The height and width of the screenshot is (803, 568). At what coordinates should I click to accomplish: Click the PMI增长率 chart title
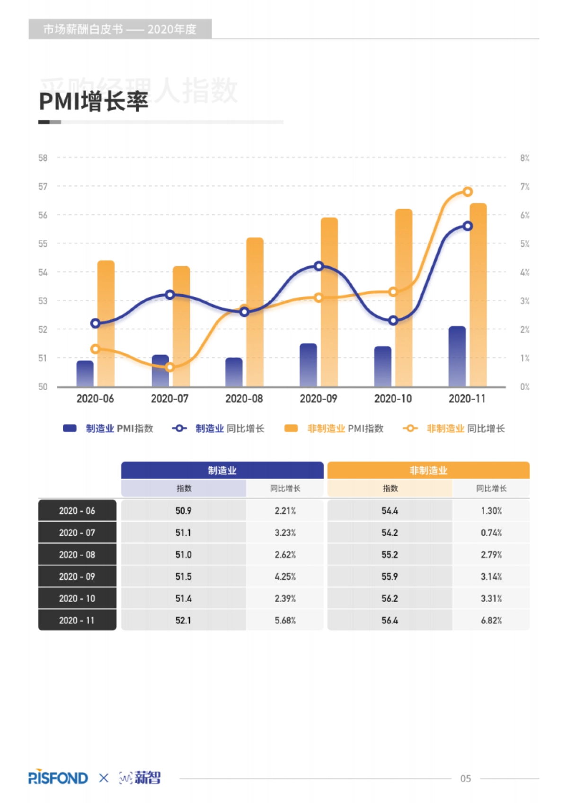click(x=94, y=101)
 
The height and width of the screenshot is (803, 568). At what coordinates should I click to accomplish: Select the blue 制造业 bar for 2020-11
click(x=457, y=357)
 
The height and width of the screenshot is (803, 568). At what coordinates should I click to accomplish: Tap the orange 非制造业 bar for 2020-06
click(x=106, y=323)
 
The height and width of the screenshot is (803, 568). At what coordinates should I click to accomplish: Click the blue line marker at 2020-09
click(x=319, y=266)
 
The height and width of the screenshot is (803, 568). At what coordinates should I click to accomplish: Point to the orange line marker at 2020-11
click(x=468, y=192)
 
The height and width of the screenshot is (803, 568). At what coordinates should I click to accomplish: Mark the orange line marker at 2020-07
click(x=170, y=367)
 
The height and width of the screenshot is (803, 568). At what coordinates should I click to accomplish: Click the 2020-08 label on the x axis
click(x=244, y=399)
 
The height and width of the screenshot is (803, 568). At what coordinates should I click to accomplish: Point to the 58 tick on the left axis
click(x=43, y=158)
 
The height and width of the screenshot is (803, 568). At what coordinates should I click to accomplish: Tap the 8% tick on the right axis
click(x=524, y=158)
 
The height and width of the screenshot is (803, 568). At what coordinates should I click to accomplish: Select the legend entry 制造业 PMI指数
click(x=108, y=428)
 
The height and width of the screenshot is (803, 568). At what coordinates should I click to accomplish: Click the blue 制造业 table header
click(x=222, y=471)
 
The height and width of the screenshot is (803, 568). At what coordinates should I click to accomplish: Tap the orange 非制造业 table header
click(x=428, y=471)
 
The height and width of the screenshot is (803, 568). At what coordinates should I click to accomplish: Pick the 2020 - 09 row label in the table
click(x=77, y=576)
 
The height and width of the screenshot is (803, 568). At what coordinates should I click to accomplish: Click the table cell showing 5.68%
click(x=285, y=620)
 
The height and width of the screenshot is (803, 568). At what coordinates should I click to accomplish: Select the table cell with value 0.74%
click(x=491, y=532)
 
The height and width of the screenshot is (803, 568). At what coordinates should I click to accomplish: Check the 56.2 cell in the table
click(x=390, y=598)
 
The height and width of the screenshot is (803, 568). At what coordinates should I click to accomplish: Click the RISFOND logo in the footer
click(x=58, y=778)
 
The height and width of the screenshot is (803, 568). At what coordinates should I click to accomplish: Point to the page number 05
click(x=465, y=778)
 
